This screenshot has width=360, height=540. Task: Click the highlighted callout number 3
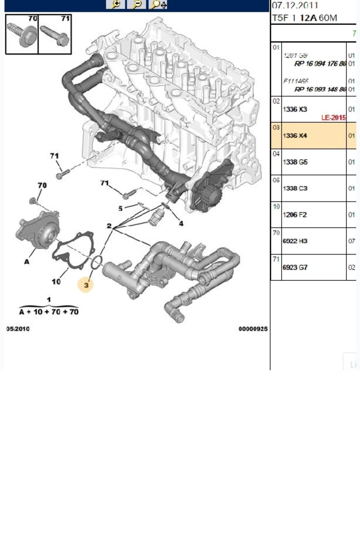86,285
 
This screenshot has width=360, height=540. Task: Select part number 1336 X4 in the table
295,136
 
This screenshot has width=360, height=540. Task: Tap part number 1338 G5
295,162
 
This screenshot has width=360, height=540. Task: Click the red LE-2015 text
333,118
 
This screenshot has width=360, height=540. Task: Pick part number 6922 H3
295,241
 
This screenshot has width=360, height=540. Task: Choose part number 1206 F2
295,215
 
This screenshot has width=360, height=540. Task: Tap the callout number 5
120,208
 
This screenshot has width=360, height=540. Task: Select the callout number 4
181,223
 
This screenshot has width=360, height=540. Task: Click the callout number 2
109,226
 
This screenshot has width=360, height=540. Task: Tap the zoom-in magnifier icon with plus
115,4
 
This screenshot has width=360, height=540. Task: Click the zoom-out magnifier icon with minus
136,4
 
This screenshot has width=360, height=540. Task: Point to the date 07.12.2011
295,5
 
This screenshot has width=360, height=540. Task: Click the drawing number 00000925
253,329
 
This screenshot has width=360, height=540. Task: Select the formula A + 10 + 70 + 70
49,312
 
